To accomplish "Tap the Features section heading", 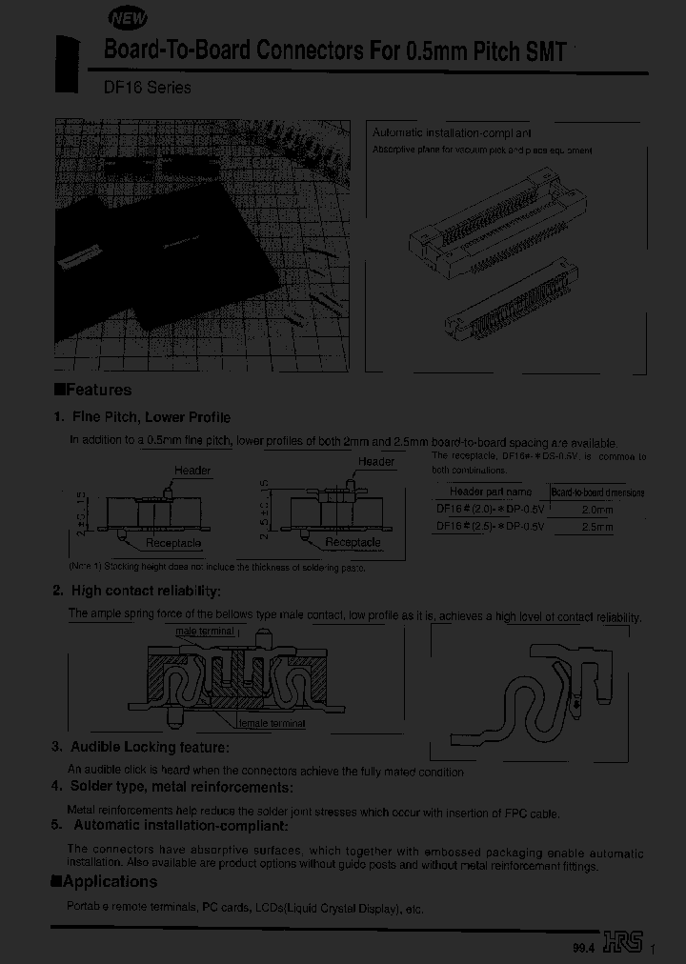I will coord(93,390).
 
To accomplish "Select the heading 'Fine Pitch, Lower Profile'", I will coord(151,417).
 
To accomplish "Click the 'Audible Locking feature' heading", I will coord(149,747).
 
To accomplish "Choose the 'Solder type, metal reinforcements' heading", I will coord(181,787).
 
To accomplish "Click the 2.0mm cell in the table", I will coord(597,510).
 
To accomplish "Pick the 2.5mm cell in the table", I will coord(597,526).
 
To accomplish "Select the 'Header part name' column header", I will coord(490,492).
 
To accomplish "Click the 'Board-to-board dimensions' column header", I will coord(597,492).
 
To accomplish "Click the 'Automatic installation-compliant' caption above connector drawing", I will coord(452,134).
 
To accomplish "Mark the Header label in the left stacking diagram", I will coord(192,471).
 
